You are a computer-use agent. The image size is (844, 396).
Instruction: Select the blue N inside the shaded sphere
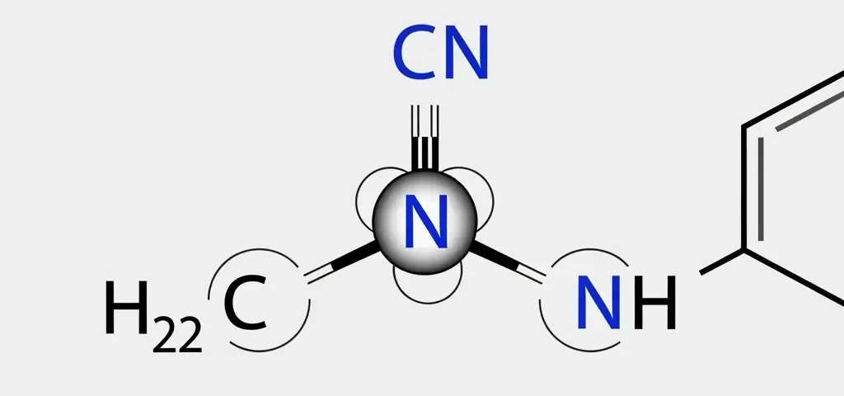pyautogui.click(x=425, y=221)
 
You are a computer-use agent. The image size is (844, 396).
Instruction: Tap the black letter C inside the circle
pyautogui.click(x=246, y=303)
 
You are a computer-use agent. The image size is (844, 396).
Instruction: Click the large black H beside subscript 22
pyautogui.click(x=127, y=307)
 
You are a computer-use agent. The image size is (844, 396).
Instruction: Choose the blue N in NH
pyautogui.click(x=598, y=303)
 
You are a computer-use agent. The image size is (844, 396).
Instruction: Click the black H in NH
pyautogui.click(x=654, y=303)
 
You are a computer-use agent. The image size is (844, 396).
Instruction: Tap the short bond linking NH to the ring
pyautogui.click(x=721, y=262)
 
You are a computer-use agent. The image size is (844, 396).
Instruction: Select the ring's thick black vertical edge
pyautogui.click(x=743, y=187)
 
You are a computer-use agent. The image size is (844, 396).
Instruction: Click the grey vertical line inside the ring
pyautogui.click(x=761, y=189)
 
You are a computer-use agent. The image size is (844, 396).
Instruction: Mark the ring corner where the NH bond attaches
pyautogui.click(x=743, y=249)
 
